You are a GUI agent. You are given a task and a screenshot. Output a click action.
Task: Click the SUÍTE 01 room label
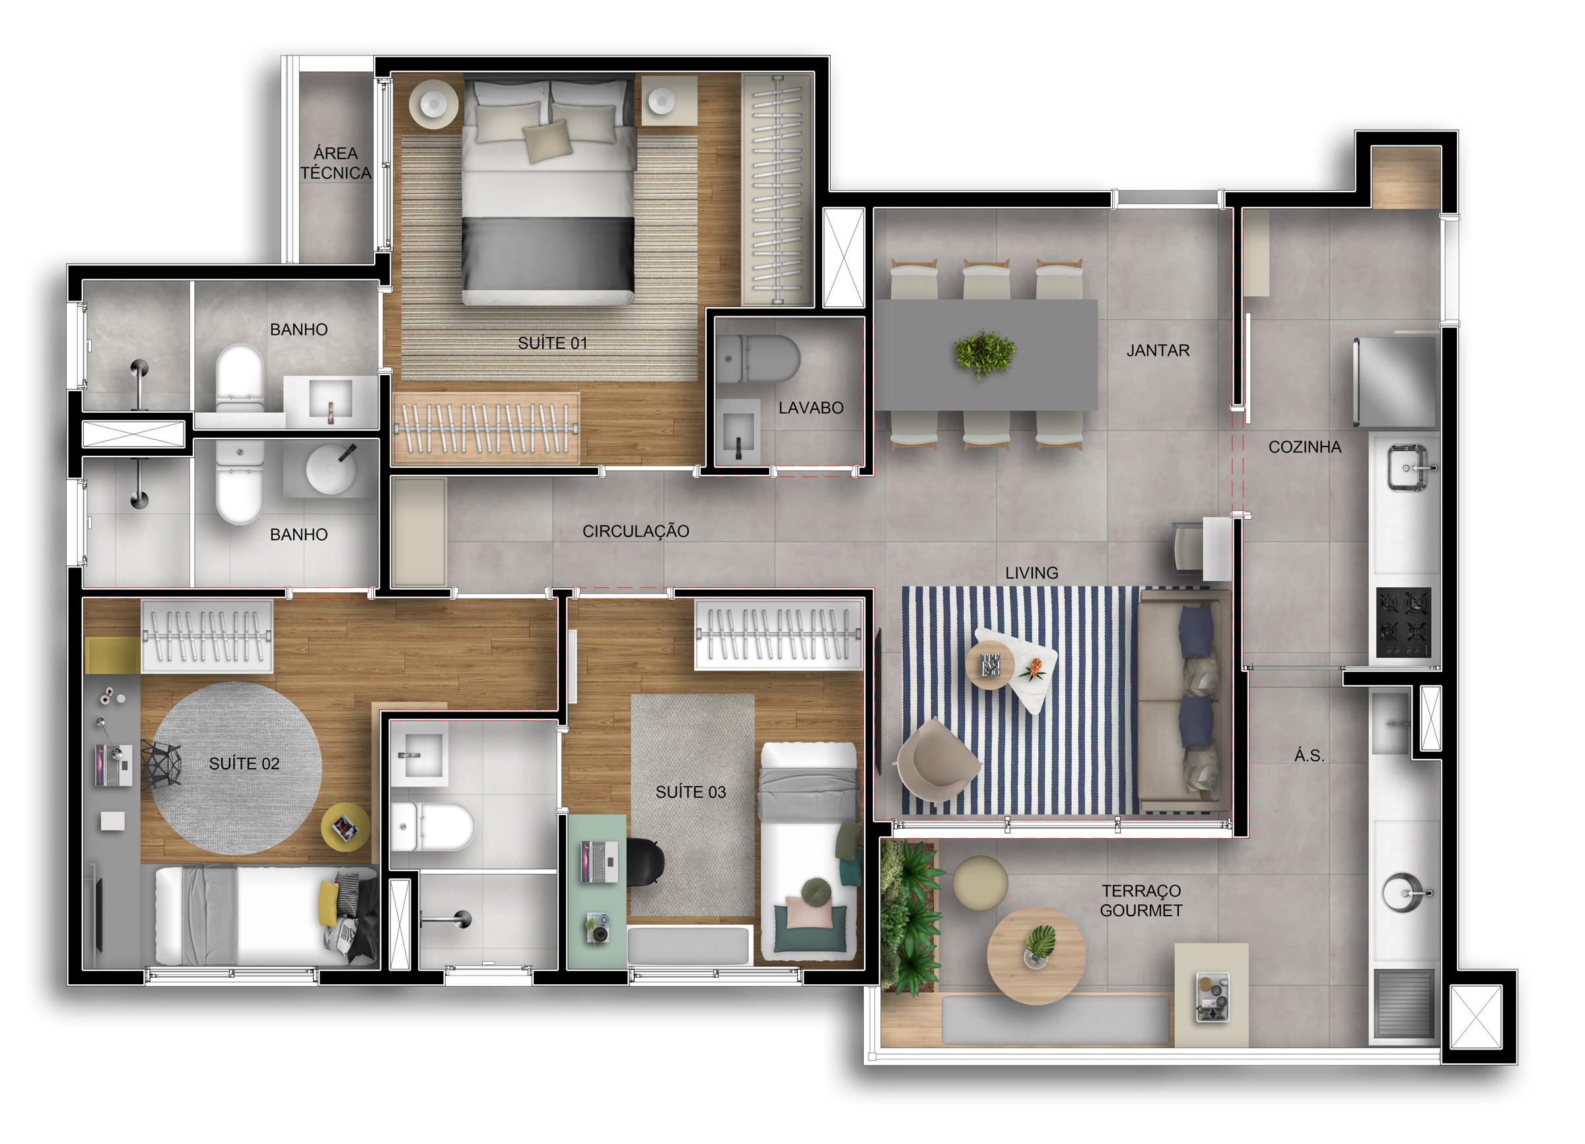(x=552, y=343)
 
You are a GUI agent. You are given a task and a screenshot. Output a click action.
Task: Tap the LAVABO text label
(x=811, y=408)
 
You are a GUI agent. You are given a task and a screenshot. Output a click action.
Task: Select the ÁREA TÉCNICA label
(x=335, y=163)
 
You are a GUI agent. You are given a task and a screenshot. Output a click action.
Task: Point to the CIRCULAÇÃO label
(x=635, y=531)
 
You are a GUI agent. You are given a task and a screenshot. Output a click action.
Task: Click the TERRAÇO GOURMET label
(x=1141, y=901)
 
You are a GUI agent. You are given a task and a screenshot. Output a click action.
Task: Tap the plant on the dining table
(x=985, y=354)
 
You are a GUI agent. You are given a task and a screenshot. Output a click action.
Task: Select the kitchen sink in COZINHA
(x=1408, y=467)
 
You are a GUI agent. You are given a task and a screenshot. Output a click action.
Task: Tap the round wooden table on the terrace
(x=1036, y=955)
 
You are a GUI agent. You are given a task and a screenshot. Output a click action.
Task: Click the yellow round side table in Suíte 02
(x=346, y=828)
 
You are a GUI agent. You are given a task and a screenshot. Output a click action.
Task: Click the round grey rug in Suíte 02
(x=237, y=768)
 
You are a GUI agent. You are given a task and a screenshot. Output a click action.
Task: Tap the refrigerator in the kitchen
(x=1395, y=382)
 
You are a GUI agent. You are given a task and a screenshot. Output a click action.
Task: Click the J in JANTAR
(x=1131, y=351)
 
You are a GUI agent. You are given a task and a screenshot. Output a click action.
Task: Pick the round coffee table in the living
(x=990, y=665)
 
